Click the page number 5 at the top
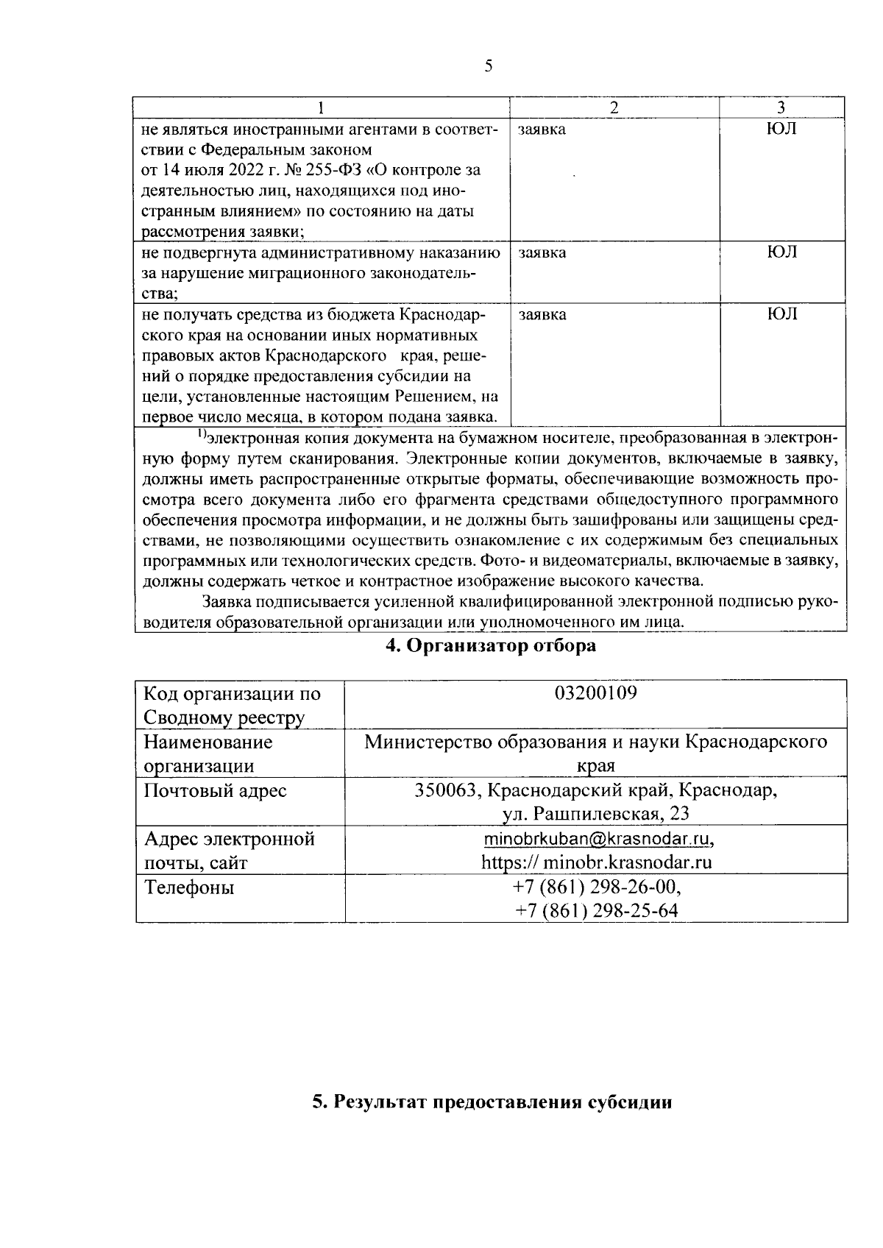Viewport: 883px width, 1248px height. [489, 66]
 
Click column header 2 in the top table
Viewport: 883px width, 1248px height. [614, 107]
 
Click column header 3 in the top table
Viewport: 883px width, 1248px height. [781, 107]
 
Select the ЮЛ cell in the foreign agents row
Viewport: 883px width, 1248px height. [781, 129]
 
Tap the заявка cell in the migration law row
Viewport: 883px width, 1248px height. [542, 253]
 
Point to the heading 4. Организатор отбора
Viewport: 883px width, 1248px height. [491, 646]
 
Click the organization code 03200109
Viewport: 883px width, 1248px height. [596, 692]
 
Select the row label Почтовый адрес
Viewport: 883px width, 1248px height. [215, 790]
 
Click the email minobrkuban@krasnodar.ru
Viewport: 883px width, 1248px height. [597, 839]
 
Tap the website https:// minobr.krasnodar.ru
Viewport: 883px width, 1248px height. [596, 862]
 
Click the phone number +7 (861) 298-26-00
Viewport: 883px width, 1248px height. [596, 887]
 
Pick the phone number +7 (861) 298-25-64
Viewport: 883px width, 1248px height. [596, 910]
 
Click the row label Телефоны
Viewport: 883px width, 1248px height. [189, 887]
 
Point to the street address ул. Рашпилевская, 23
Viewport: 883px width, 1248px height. [596, 814]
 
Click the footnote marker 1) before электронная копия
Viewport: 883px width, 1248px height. [202, 436]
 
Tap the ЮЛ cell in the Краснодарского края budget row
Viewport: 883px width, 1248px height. [781, 315]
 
